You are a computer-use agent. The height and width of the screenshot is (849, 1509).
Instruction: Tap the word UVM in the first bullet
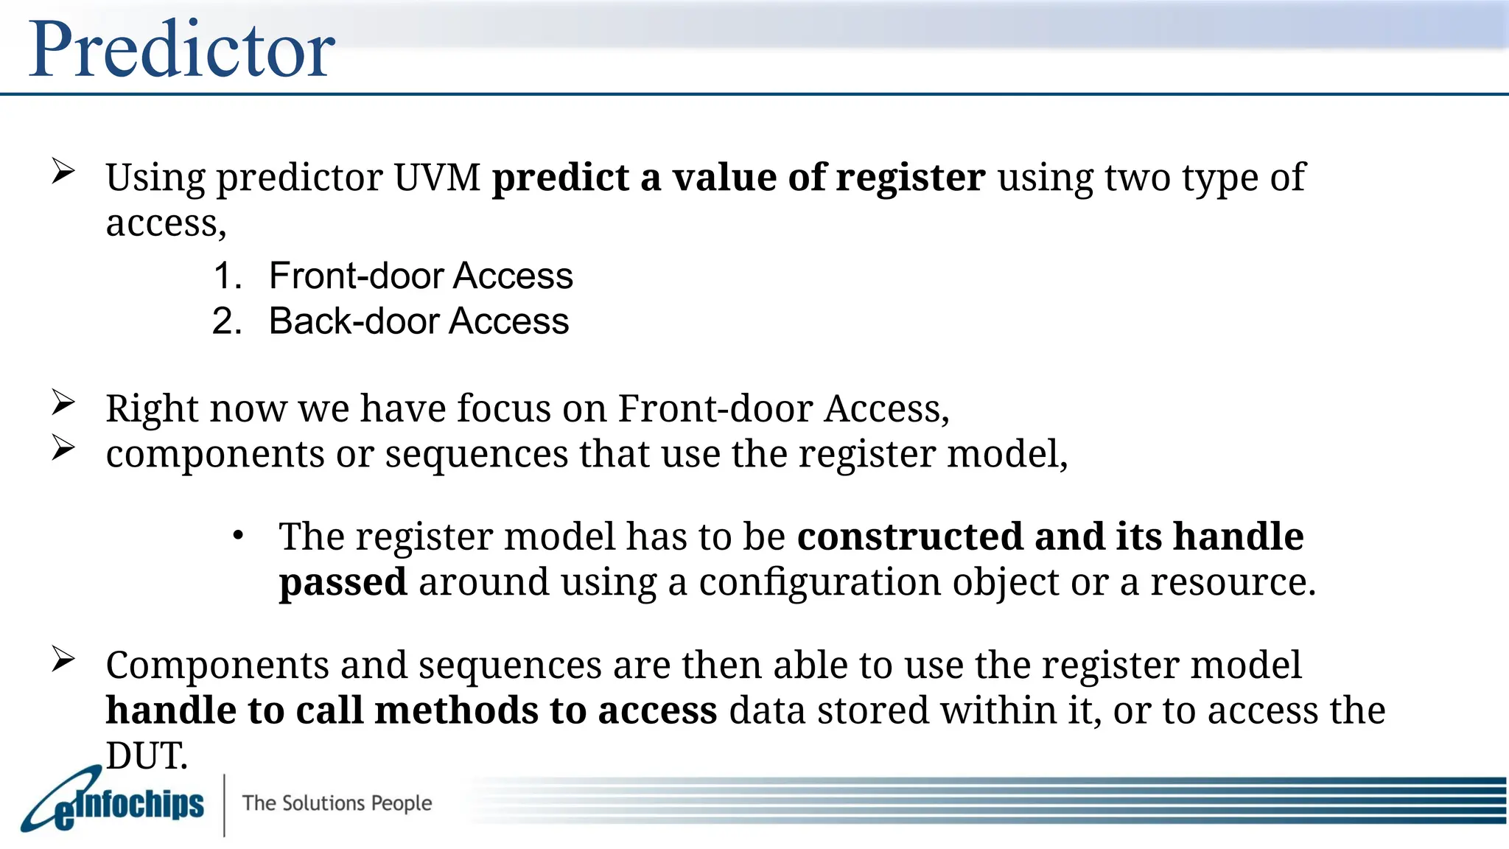(x=436, y=178)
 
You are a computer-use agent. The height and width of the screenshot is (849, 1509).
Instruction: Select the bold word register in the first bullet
(x=911, y=178)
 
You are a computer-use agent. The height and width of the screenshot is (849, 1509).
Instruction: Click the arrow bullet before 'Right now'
(x=63, y=402)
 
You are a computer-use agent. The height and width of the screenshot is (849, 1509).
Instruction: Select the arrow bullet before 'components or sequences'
(x=63, y=448)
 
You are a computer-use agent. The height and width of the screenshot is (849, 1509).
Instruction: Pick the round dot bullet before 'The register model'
(x=237, y=536)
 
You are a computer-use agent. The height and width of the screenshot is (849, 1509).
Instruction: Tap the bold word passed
(x=343, y=582)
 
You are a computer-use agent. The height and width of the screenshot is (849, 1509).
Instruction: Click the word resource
(x=1232, y=582)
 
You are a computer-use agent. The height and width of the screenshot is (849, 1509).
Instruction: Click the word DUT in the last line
(x=147, y=756)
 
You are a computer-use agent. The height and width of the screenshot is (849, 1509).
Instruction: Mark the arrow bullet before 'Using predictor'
(x=63, y=172)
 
